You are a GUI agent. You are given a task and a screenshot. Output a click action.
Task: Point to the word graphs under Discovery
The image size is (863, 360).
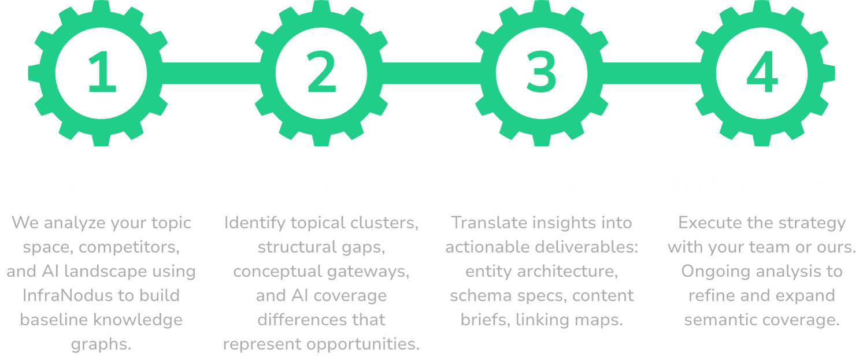click(x=102, y=344)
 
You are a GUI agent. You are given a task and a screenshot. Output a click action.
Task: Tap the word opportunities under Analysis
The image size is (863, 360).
click(x=363, y=344)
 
